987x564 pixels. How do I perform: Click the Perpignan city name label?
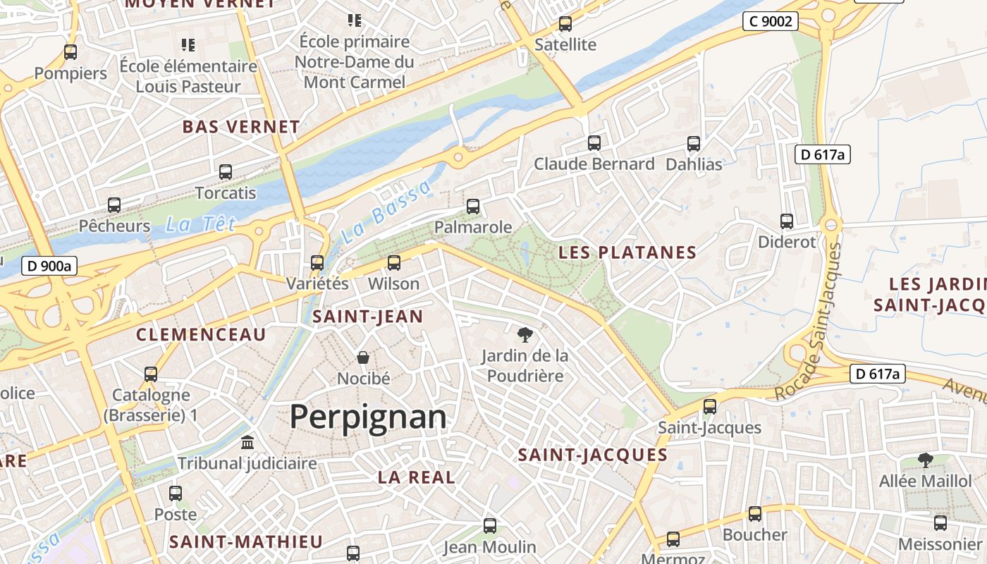click(x=368, y=417)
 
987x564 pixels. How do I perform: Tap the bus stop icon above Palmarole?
click(x=473, y=207)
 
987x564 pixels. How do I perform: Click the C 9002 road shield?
click(x=770, y=21)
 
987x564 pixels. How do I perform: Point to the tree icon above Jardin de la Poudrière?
click(x=525, y=334)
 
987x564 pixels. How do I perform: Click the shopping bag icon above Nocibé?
click(x=363, y=357)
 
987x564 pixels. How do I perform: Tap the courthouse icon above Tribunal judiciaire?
click(x=247, y=443)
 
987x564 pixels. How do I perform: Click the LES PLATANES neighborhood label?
click(x=627, y=252)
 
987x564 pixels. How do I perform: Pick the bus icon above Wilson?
click(x=394, y=263)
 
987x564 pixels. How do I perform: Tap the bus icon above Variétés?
click(x=317, y=263)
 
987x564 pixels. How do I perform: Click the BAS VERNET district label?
click(x=241, y=127)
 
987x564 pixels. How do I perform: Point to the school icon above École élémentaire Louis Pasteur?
click(x=188, y=45)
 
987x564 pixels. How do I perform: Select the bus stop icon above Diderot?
click(x=787, y=221)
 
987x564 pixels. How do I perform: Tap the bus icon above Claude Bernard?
click(x=594, y=143)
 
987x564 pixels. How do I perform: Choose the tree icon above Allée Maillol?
click(x=925, y=460)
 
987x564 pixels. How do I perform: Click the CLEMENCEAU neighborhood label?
click(x=201, y=334)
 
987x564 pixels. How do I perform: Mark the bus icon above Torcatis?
click(x=226, y=171)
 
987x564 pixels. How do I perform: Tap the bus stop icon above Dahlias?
click(x=694, y=144)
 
